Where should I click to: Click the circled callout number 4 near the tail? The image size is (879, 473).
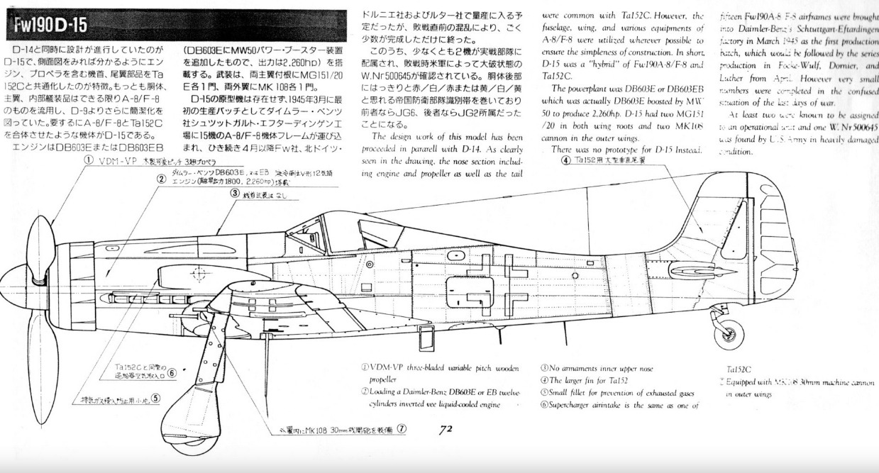(x=565, y=160)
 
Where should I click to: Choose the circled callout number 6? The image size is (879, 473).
(x=172, y=372)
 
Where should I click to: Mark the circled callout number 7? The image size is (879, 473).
(x=402, y=428)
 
